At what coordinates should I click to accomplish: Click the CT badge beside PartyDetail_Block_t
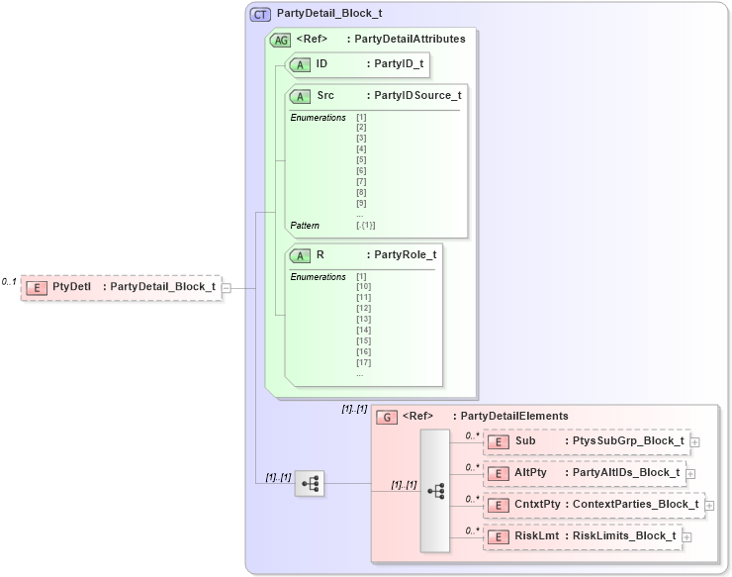261,15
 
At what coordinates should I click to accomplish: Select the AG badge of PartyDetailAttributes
280,40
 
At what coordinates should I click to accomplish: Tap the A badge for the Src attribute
299,96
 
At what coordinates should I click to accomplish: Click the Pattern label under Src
305,226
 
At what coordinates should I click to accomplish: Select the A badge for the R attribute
299,254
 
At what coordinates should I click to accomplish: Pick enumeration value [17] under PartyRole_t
363,362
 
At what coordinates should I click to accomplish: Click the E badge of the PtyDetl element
36,287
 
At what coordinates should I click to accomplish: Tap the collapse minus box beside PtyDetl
227,288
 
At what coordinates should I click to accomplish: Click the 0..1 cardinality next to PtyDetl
9,282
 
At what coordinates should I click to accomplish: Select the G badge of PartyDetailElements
389,417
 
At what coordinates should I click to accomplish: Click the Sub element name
525,441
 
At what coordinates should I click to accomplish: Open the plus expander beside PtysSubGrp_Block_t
695,442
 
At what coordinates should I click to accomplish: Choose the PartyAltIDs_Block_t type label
626,473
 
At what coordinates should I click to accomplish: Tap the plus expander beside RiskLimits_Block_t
687,537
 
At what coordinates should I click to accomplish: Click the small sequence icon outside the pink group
310,483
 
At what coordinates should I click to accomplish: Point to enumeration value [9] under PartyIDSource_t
361,203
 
